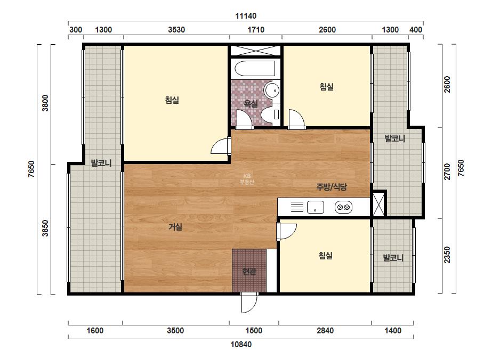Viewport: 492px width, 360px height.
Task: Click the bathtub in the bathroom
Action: coord(255,68)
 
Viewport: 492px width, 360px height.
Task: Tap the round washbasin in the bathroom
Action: coord(271,90)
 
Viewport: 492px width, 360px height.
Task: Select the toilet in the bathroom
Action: coord(270,115)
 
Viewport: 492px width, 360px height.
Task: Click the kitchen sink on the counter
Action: coord(316,207)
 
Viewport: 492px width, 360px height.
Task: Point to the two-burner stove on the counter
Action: coord(343,207)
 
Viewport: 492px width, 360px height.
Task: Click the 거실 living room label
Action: coord(175,227)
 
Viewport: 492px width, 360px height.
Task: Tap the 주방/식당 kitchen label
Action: coord(332,187)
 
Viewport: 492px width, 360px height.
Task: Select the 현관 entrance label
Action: coord(249,271)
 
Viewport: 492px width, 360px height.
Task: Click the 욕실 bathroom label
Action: coord(251,103)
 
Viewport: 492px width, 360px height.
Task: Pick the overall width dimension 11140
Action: coord(246,15)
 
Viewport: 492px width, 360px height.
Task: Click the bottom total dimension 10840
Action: coord(241,345)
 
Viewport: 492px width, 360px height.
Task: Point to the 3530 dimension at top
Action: coord(176,30)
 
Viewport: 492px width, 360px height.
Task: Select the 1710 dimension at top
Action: coord(256,30)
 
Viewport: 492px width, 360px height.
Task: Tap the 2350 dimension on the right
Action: coord(447,255)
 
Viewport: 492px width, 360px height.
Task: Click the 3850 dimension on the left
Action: coord(45,228)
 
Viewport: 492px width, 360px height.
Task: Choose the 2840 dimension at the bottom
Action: coord(325,331)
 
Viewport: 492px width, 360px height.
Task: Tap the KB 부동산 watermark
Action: coord(247,179)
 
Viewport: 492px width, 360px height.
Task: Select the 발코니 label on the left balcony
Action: coord(101,163)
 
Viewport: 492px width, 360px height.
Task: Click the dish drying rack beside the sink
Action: coord(297,207)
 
